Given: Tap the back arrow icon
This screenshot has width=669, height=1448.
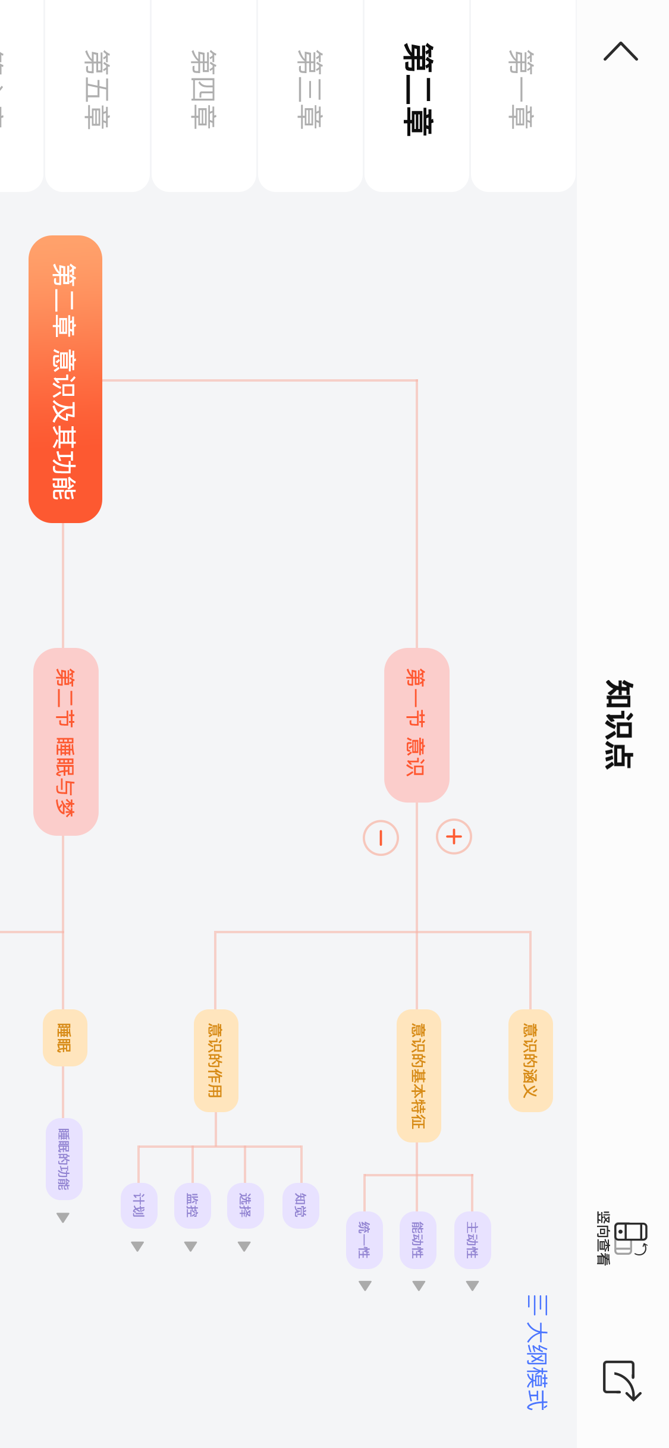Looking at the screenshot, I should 621,52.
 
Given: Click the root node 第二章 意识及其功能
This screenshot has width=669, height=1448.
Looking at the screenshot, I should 65,379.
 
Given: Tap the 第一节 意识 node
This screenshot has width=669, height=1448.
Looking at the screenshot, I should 416,725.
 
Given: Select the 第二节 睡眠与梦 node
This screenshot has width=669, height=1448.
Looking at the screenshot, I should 65,741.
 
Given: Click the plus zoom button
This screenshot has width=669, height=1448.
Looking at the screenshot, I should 454,837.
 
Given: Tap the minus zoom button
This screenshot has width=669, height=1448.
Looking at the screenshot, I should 381,838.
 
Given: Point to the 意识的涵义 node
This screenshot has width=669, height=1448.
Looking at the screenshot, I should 530,1060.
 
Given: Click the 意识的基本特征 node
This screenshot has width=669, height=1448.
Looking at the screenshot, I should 419,1075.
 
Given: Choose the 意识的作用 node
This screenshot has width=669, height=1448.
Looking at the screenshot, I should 216,1060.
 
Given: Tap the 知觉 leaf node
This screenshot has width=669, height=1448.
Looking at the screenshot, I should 301,1205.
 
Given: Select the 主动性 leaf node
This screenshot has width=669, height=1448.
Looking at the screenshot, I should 472,1240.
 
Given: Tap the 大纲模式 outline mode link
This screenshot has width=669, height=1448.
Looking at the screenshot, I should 537,1352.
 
